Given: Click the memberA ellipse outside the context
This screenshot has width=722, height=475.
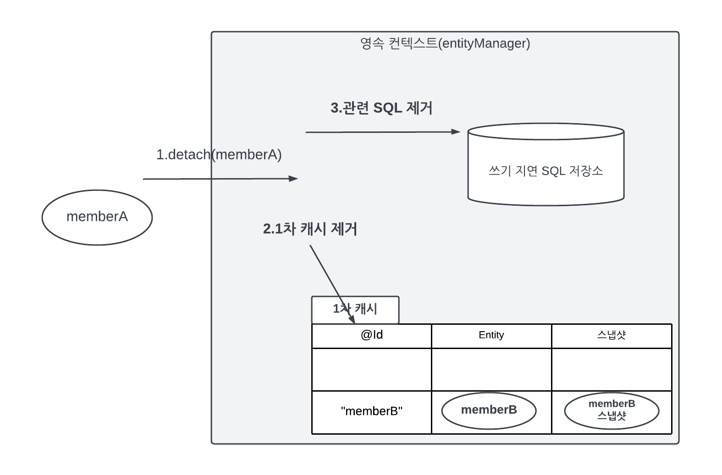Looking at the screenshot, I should (x=97, y=217).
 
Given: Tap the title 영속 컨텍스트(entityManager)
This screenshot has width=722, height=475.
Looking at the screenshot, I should (x=445, y=44).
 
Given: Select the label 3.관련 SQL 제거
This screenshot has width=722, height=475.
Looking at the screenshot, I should (x=381, y=108).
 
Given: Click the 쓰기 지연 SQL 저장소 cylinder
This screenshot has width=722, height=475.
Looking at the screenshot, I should (x=546, y=165).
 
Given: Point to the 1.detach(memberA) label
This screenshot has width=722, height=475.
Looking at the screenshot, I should (x=219, y=155).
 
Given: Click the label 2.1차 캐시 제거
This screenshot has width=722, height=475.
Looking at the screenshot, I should (x=310, y=229).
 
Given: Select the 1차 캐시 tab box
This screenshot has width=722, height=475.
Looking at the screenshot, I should (x=355, y=310).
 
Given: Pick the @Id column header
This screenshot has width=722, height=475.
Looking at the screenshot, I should (x=371, y=335).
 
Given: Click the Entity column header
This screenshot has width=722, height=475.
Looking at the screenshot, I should (x=491, y=335).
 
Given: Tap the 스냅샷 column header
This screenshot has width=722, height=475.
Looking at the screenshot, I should (x=611, y=335).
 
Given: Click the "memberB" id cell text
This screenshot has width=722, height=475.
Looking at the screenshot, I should (x=371, y=411).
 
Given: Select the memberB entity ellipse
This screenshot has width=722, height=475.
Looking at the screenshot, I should (x=489, y=410).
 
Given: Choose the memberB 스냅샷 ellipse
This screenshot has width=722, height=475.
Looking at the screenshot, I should (x=612, y=410).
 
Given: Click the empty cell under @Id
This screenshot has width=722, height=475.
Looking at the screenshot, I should (x=371, y=370).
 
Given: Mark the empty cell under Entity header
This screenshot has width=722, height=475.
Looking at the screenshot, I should (x=491, y=370).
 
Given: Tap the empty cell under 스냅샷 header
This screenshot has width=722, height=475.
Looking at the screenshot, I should (x=611, y=370).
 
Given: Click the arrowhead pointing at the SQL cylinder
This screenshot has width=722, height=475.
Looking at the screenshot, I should (x=456, y=132).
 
